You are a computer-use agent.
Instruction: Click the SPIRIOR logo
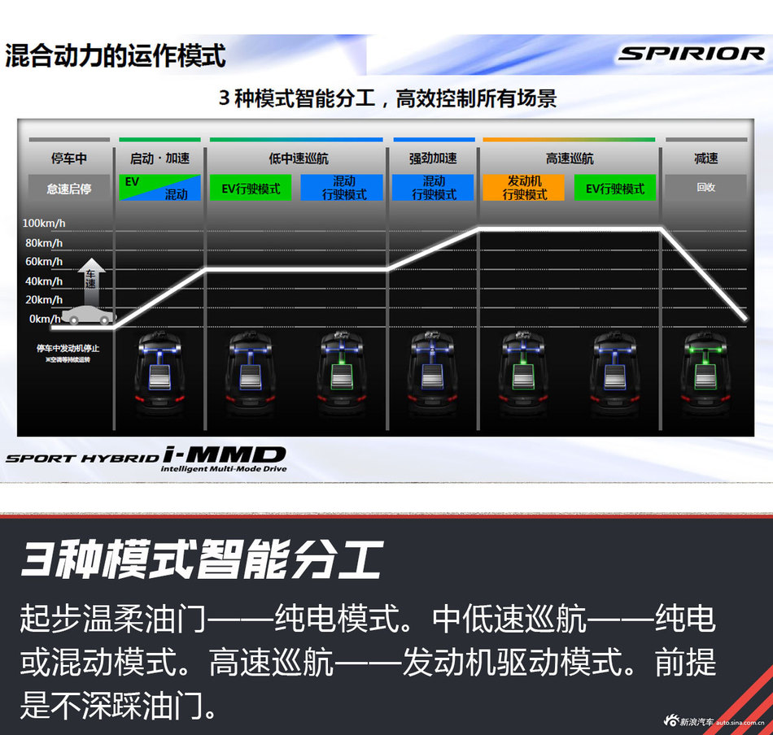691,54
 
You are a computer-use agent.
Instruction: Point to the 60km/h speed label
43,262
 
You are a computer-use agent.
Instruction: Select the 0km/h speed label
45,319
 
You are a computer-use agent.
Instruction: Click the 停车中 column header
68,159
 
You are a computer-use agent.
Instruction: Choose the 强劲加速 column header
433,159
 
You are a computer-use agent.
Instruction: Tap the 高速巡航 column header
569,159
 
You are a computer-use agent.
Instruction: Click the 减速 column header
705,159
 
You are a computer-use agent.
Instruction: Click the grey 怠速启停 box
68,189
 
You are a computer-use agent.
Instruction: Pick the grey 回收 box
705,187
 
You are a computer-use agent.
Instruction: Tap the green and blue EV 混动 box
159,188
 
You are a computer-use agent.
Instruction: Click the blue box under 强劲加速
434,188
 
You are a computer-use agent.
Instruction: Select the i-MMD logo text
223,456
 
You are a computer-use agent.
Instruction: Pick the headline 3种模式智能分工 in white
200,561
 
